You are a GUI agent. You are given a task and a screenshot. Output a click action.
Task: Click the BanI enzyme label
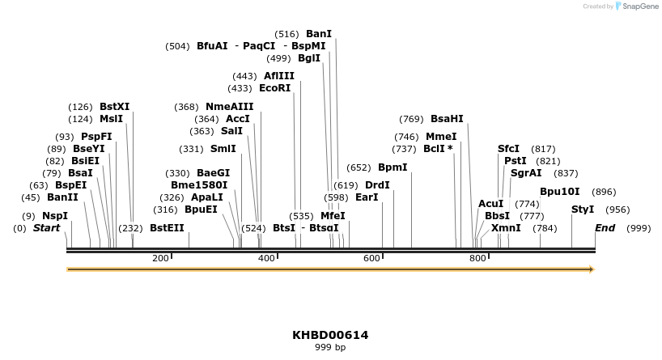coord(318,34)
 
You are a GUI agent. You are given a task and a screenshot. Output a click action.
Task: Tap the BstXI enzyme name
coord(114,107)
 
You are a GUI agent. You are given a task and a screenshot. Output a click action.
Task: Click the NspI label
coord(55,216)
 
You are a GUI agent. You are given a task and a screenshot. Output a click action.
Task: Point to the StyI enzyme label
coord(583,210)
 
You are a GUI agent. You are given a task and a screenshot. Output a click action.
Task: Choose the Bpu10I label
coord(559,192)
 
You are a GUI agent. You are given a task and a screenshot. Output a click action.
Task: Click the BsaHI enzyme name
coord(447,119)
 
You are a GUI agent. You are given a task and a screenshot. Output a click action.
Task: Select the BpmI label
coord(393,167)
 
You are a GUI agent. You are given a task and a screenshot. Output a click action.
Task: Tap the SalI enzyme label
coord(231,131)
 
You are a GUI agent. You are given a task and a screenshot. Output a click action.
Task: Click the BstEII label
coord(167,228)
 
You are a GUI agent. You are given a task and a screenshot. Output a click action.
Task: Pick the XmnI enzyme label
coord(506,228)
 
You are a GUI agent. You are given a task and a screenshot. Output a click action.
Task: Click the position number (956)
coord(617,210)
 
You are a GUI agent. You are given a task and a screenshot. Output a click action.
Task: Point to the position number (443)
coord(244,76)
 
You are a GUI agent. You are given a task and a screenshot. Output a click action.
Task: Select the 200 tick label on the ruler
coord(160,258)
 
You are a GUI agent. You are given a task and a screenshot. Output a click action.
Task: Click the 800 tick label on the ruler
coord(477,258)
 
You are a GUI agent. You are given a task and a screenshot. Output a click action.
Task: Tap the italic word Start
coord(46,228)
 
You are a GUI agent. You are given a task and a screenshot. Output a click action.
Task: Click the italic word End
coord(605,228)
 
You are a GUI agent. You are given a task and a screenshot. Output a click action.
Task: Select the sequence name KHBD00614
coord(330,335)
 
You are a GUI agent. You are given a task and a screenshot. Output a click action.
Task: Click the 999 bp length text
coord(330,348)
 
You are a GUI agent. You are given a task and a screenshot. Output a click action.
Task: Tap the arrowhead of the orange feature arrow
coord(592,269)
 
